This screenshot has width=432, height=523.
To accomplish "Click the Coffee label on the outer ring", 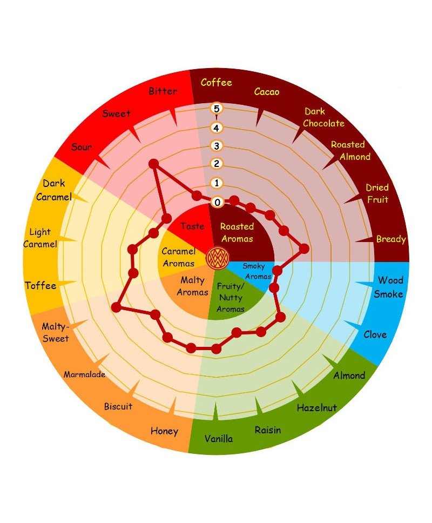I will (x=216, y=83).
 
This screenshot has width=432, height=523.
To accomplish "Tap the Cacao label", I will (x=267, y=92).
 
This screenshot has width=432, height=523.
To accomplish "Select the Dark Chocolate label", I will (x=323, y=117).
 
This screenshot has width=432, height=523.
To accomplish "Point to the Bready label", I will (x=391, y=239).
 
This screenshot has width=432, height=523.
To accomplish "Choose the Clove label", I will (x=375, y=334).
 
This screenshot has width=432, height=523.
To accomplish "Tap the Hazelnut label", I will (x=316, y=407).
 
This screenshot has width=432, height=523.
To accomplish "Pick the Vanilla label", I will (x=219, y=438).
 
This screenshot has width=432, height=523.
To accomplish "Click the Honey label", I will (x=164, y=431).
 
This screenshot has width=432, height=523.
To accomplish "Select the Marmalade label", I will (x=84, y=374).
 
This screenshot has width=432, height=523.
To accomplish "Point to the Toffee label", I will (x=40, y=285).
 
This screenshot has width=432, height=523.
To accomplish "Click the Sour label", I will (x=82, y=147).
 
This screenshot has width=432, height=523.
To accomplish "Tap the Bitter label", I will (x=163, y=91).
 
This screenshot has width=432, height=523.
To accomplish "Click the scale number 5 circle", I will (x=217, y=109).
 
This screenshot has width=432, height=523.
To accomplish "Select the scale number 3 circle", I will (x=217, y=146).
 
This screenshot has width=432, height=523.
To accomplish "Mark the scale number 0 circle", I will (x=217, y=202).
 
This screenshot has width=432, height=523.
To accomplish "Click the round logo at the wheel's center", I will (x=217, y=256).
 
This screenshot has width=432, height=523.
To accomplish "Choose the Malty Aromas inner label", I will (x=193, y=286).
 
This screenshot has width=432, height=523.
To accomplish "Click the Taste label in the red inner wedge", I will (x=192, y=226).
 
